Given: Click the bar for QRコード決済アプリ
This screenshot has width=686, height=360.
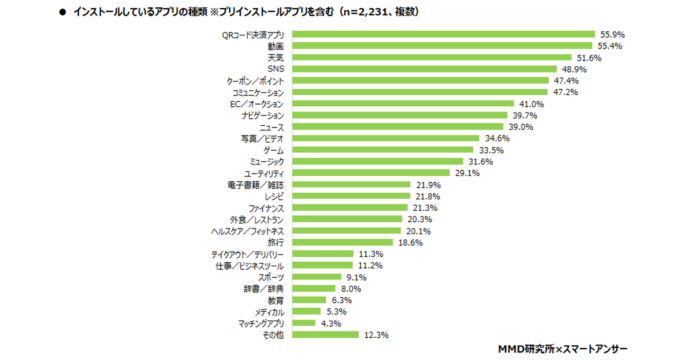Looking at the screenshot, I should click(x=444, y=34).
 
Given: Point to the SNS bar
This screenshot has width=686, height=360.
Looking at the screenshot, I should click(x=425, y=69).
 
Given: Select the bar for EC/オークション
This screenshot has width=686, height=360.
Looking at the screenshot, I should click(x=403, y=104).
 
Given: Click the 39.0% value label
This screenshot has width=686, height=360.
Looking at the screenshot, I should click(x=518, y=127).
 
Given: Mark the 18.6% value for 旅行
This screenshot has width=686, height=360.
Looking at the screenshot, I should click(x=410, y=242).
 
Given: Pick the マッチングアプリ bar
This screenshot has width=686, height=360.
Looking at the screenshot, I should click(x=304, y=323).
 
